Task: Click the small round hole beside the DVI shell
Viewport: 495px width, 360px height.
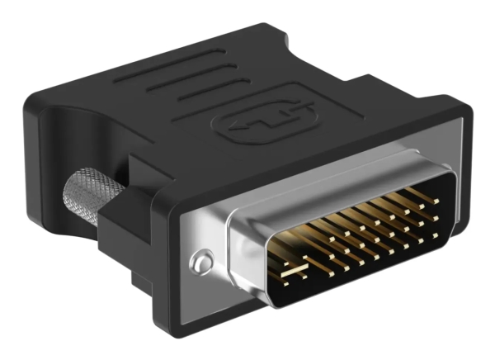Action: pos(197,263)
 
